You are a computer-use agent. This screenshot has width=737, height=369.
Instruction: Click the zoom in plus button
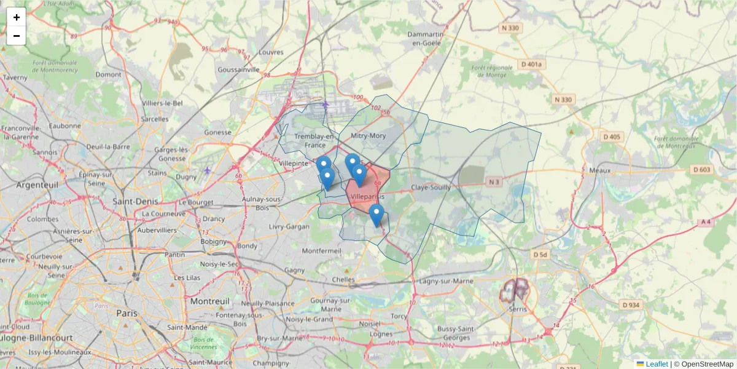tap(17, 17)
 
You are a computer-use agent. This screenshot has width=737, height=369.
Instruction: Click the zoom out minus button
tap(17, 36)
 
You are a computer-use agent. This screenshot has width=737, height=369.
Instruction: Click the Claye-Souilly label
tap(431, 187)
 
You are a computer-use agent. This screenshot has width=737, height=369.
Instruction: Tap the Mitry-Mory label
tap(368, 135)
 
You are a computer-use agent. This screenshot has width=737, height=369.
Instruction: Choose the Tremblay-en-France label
tap(314, 140)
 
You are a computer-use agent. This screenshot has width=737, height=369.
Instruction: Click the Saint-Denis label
tap(135, 200)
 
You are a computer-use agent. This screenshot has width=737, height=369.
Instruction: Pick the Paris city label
tap(127, 313)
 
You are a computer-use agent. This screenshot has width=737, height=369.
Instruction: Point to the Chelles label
tap(343, 280)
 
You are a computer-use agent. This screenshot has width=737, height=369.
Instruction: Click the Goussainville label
tap(239, 70)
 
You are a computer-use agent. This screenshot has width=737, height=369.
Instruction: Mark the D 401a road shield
tap(531, 64)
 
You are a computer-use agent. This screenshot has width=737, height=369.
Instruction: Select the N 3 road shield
tap(494, 181)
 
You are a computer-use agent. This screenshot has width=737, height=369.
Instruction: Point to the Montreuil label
tap(209, 301)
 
